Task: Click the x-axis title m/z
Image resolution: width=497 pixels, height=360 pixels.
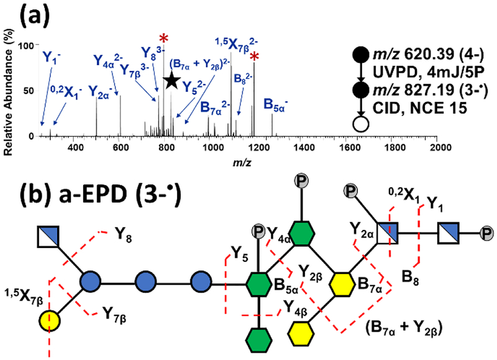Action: [x=235, y=162]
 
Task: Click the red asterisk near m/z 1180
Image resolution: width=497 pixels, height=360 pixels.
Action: [x=254, y=57]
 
